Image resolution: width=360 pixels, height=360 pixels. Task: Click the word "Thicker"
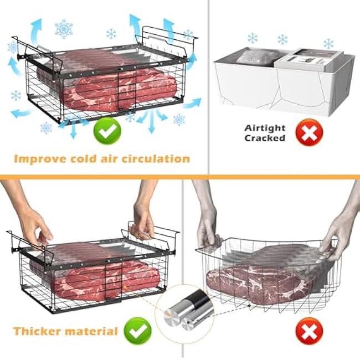(38, 332)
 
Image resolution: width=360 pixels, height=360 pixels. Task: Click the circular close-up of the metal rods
(186, 311)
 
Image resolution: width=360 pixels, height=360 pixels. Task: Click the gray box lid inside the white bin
(307, 56)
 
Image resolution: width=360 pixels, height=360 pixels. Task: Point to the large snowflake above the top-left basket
(64, 29)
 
